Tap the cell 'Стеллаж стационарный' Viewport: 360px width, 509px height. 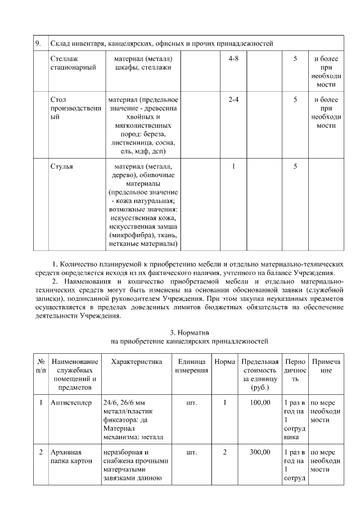pos(73,63)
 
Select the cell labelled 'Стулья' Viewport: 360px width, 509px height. pos(61,166)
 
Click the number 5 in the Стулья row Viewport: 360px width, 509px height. pos(295,166)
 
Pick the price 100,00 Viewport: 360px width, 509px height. pos(260,403)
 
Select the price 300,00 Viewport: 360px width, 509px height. pos(260,452)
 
